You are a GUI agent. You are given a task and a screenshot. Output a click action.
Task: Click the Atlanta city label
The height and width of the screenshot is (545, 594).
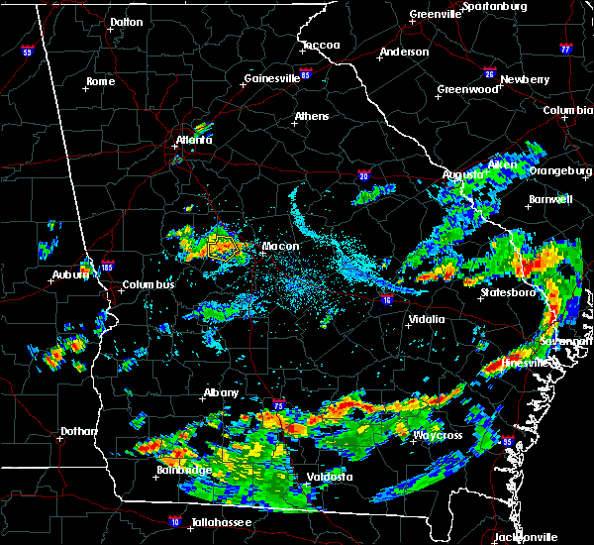pyautogui.click(x=194, y=141)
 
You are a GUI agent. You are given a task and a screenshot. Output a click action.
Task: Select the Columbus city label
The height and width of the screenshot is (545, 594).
pyautogui.click(x=148, y=285)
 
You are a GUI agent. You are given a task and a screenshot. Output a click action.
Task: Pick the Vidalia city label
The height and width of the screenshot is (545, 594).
pyautogui.click(x=428, y=319)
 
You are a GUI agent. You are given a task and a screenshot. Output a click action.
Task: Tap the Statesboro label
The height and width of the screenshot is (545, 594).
pyautogui.click(x=507, y=293)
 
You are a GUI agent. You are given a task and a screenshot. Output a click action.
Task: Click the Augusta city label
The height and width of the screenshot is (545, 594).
pyautogui.click(x=462, y=174)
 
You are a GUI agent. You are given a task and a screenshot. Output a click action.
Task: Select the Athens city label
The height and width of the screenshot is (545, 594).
pyautogui.click(x=311, y=117)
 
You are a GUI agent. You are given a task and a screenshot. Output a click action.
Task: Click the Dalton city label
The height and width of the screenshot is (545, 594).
pyautogui.click(x=126, y=22)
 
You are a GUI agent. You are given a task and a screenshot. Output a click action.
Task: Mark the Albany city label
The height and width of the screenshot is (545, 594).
pyautogui.click(x=221, y=392)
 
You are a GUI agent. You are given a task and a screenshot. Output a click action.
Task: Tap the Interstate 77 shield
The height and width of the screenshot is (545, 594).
pyautogui.click(x=565, y=48)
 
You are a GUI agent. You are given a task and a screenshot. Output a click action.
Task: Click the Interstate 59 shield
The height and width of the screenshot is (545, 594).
pyautogui.click(x=27, y=51)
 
